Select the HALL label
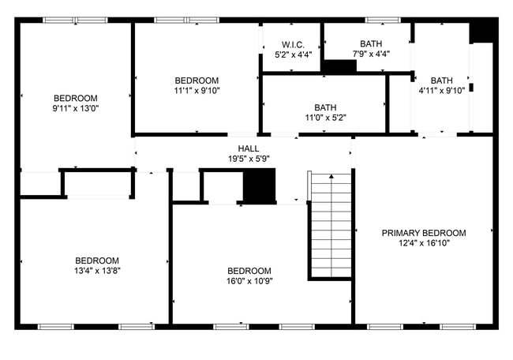coord(249,148)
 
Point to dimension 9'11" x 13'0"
coord(76,108)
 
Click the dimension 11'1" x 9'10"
coord(197,90)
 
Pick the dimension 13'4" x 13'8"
coord(97,271)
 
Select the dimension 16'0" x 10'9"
coord(249,280)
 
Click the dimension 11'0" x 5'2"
coord(324,118)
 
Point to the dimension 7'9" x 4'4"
coord(370,54)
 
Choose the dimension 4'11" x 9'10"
coord(442,90)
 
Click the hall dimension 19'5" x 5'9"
coord(249,159)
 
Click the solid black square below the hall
coord(258,186)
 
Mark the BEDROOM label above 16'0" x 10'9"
coord(249,270)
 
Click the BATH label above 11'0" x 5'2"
coord(324,107)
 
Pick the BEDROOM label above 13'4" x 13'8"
coord(97,261)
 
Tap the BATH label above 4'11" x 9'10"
coord(442,80)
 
